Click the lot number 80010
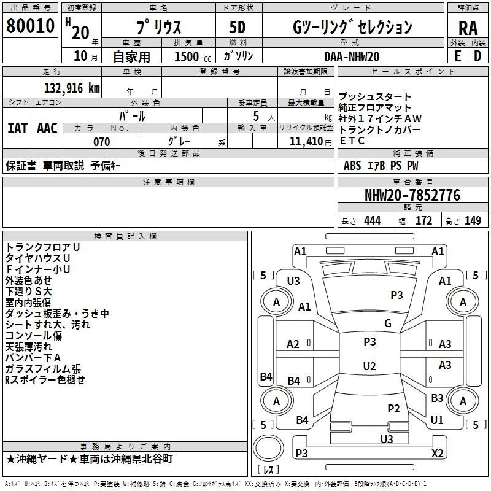30,26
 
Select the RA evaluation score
468,28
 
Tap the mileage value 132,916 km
72,88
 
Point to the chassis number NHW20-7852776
412,195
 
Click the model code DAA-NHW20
352,56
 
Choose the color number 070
102,142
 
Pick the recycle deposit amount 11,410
306,142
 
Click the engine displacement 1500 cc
193,56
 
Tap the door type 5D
238,28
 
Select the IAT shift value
18,128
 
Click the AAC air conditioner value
47,128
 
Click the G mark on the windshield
388,323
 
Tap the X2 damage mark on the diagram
438,453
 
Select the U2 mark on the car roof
369,366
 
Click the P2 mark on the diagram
393,409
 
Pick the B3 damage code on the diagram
437,398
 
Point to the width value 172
423,221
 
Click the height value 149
473,221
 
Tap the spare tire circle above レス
268,448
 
